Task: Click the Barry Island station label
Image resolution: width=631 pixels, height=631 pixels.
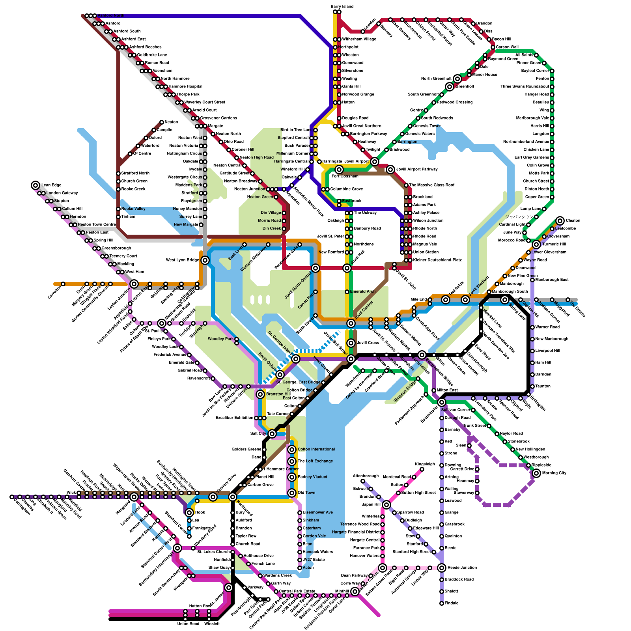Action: (x=342, y=7)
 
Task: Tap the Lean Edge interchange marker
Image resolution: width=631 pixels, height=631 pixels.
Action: (x=35, y=185)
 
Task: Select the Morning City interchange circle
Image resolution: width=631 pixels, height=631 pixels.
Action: (x=536, y=473)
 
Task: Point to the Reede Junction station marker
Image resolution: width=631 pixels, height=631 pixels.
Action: (x=442, y=568)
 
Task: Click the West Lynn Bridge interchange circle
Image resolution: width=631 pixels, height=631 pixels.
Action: (x=205, y=260)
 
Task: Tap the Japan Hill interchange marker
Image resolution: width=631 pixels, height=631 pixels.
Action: (x=386, y=505)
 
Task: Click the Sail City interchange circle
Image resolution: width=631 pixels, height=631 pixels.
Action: (x=272, y=434)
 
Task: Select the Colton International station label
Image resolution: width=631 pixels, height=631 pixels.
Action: (x=316, y=450)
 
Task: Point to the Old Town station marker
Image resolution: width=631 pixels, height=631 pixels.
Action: (x=292, y=493)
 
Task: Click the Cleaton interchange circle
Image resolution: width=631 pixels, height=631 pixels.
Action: (x=560, y=221)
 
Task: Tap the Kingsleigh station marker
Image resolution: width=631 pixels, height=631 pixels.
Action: (x=422, y=469)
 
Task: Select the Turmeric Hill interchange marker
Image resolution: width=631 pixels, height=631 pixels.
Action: (x=536, y=245)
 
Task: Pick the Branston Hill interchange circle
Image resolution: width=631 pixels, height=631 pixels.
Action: (x=260, y=394)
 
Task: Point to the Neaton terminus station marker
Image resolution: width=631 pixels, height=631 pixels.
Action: (x=162, y=122)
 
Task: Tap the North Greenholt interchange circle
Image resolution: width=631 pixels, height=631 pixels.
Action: (x=457, y=79)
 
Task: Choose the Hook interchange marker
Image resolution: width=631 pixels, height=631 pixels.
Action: (x=189, y=513)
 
